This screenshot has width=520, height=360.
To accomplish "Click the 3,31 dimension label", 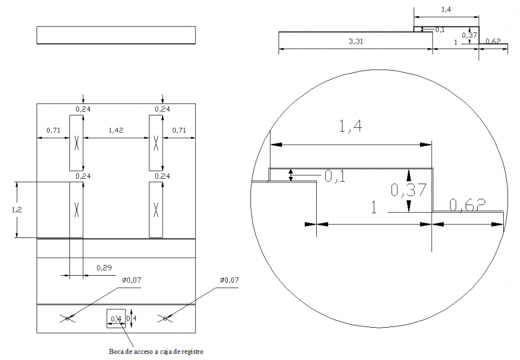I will pos(357,42).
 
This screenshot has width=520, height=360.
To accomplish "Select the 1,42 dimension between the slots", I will pos(116,130).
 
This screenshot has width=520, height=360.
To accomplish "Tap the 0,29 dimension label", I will pos(105,268).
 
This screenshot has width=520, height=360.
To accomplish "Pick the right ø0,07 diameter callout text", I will pos(230,280).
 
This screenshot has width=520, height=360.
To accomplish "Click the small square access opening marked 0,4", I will pos(116,318).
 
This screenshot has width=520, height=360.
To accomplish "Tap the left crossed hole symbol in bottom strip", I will pos(67,319).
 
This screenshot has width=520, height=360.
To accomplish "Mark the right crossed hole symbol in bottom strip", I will pos(166,319).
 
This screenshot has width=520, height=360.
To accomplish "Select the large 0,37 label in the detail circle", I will pos(408,190).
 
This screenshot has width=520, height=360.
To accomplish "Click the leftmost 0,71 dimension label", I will pos(53,130).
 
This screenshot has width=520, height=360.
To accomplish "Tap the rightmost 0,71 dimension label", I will pos(179,130).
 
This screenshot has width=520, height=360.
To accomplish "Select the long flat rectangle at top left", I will pos(116,35).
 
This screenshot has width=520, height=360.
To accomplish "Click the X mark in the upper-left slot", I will pos(77,143).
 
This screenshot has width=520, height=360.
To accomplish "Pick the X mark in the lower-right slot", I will pos(156,209).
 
